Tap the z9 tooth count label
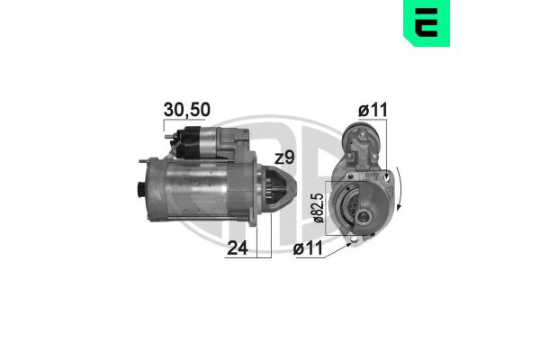pos(284,157)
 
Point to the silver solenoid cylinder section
pos(208,140)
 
